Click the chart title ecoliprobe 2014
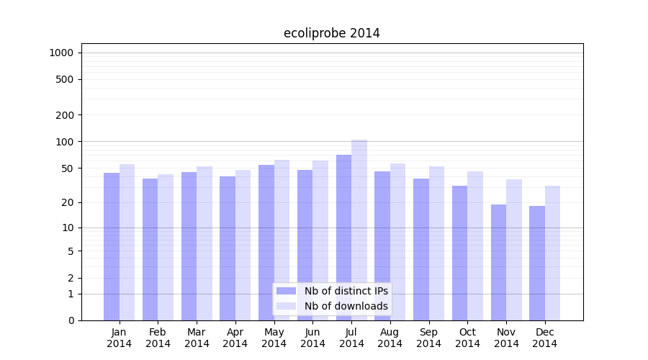[x=331, y=33]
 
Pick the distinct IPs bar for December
[x=537, y=263]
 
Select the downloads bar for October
[x=475, y=246]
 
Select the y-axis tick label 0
[x=71, y=320]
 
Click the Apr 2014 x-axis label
[x=235, y=338]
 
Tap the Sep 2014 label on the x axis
[x=428, y=338]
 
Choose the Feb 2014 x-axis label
[x=158, y=338]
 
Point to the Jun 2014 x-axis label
[x=312, y=338]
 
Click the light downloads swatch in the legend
[x=286, y=306]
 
